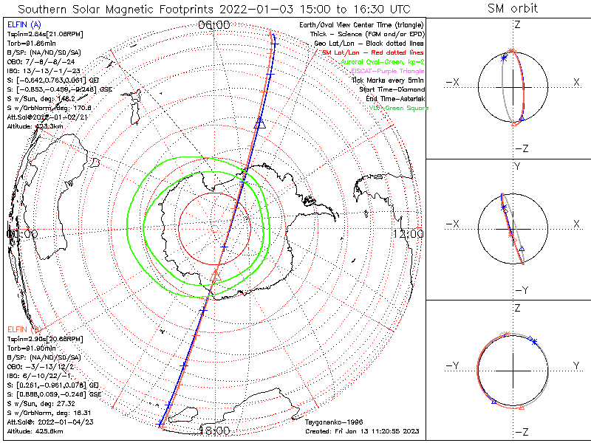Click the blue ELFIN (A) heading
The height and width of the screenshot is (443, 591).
click(x=24, y=25)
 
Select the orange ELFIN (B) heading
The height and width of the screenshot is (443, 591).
click(x=24, y=328)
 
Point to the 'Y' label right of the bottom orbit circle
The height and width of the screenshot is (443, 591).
click(x=575, y=365)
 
